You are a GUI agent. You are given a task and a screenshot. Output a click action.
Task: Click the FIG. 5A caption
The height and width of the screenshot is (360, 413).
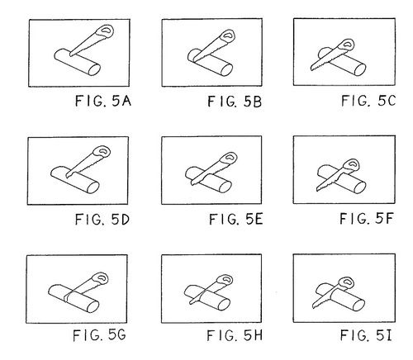103,101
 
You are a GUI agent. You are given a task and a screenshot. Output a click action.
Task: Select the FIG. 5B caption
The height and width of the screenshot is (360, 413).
235,102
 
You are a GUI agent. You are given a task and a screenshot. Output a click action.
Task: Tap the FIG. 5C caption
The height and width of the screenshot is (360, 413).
368,101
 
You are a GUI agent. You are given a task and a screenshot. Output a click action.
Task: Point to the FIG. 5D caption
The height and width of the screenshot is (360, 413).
102,220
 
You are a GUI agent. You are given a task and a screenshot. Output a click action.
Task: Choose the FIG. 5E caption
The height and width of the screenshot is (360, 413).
236,220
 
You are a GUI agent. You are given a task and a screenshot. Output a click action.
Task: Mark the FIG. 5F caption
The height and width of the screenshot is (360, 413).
366,219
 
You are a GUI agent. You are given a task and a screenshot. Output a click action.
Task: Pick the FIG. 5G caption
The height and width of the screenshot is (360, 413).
99,335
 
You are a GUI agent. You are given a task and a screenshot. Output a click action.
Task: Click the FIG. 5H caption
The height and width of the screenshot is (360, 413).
235,335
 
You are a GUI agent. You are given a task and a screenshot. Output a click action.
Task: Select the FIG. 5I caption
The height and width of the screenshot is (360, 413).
366,335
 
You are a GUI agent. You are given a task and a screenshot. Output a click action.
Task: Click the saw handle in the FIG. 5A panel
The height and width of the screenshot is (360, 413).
106,31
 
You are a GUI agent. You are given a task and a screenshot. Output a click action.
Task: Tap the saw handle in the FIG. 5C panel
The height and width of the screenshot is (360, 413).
347,45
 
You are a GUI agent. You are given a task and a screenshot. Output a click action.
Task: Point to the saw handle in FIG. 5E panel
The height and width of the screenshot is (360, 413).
230,159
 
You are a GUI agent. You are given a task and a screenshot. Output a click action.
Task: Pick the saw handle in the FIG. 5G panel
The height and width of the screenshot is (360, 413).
101,278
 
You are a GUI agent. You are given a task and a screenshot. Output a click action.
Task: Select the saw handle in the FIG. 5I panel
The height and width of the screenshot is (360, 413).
347,283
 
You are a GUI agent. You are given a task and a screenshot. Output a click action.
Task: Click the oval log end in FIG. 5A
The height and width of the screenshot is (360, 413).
94,69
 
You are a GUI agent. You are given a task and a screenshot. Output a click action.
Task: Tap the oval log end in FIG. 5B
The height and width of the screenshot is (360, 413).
226,70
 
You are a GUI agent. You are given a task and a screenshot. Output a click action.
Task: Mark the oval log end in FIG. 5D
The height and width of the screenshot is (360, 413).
93,187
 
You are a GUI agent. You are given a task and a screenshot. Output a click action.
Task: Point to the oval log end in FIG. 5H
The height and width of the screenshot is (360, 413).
224,305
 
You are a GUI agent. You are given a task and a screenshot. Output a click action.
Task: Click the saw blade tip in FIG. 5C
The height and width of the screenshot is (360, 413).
311,69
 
